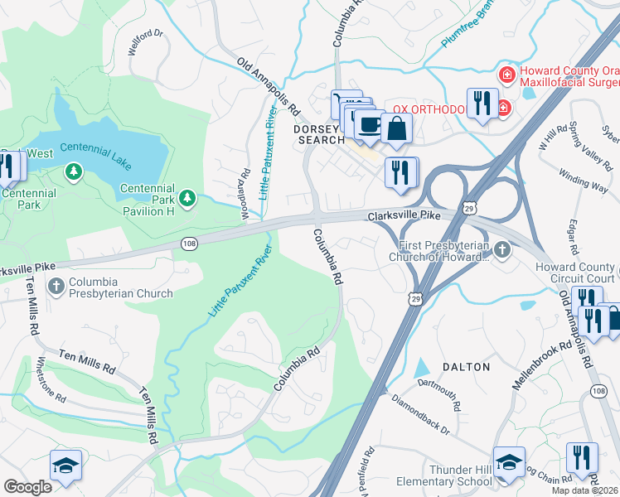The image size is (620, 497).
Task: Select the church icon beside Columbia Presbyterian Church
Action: (x=56, y=287)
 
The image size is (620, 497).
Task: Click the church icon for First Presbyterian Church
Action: (x=501, y=249)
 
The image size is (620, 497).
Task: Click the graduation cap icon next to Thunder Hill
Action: (x=508, y=462)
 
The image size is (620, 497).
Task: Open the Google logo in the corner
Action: (x=27, y=487)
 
